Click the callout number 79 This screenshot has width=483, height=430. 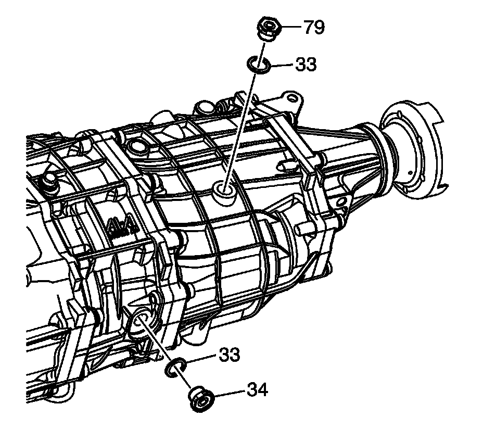[314, 27]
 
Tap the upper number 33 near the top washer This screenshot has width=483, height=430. [306, 65]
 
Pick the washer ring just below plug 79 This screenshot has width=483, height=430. [257, 64]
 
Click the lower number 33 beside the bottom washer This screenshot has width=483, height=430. [229, 356]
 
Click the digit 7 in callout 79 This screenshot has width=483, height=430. [308, 27]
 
